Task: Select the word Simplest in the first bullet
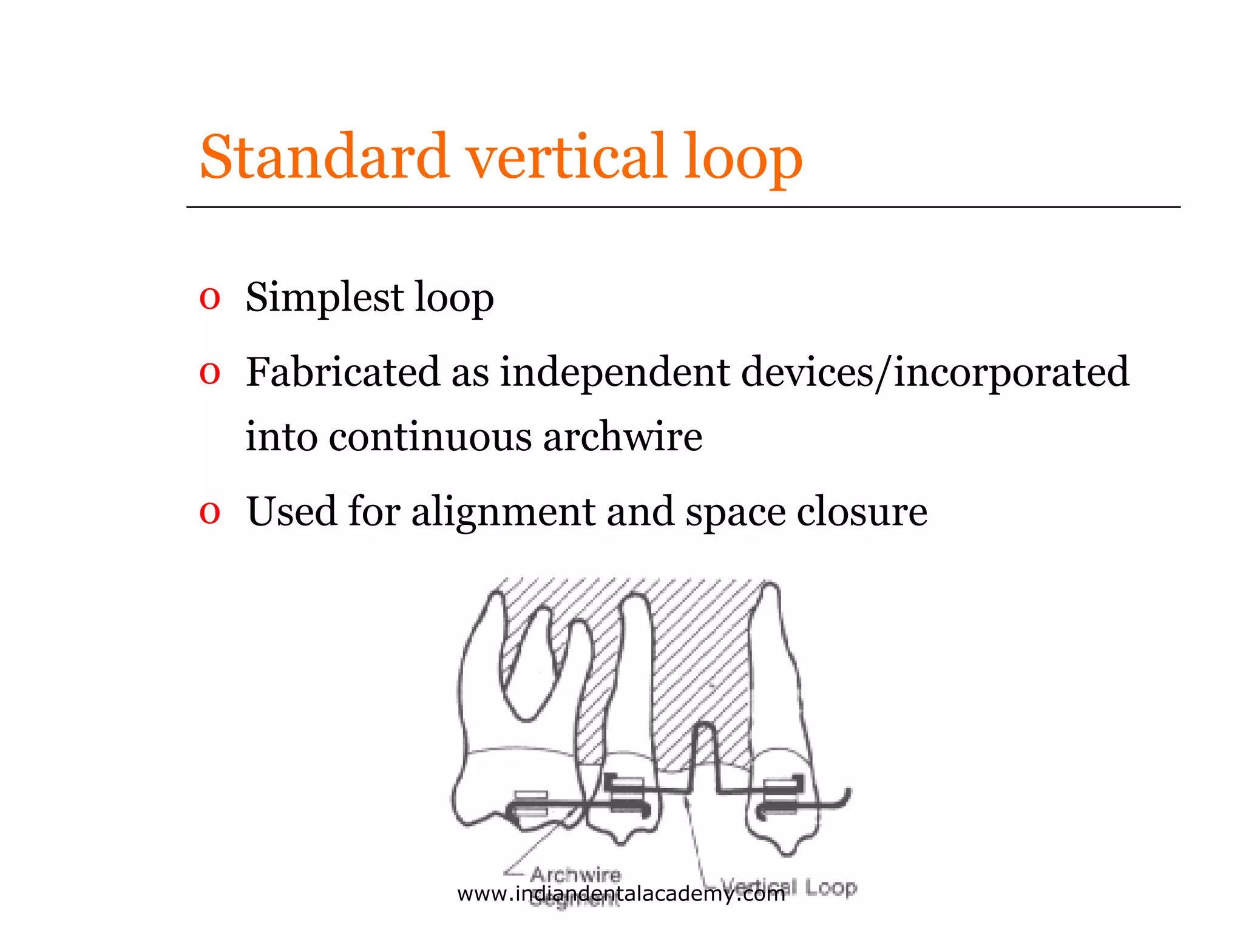coord(325,297)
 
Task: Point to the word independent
coord(614,371)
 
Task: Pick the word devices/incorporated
coord(935,371)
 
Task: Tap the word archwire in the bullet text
coord(623,437)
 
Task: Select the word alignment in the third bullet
coord(503,512)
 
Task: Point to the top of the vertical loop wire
coord(703,725)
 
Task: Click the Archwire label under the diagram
coord(576,874)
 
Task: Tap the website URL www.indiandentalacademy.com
coord(621,894)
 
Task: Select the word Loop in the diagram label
coord(831,888)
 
